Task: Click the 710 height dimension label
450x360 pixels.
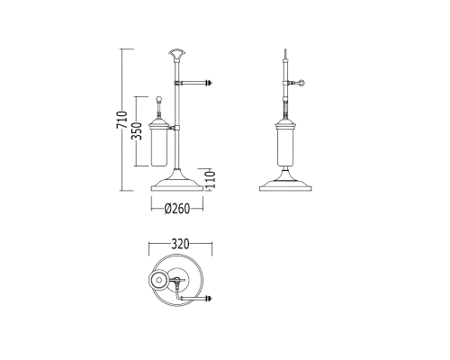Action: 122,120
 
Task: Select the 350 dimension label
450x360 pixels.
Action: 137,131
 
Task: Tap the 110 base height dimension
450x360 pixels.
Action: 211,179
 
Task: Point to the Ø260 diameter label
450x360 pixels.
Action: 177,209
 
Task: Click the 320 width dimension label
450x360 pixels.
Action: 180,244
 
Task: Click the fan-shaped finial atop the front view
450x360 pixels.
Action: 176,54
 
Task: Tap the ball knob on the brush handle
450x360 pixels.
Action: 159,99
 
